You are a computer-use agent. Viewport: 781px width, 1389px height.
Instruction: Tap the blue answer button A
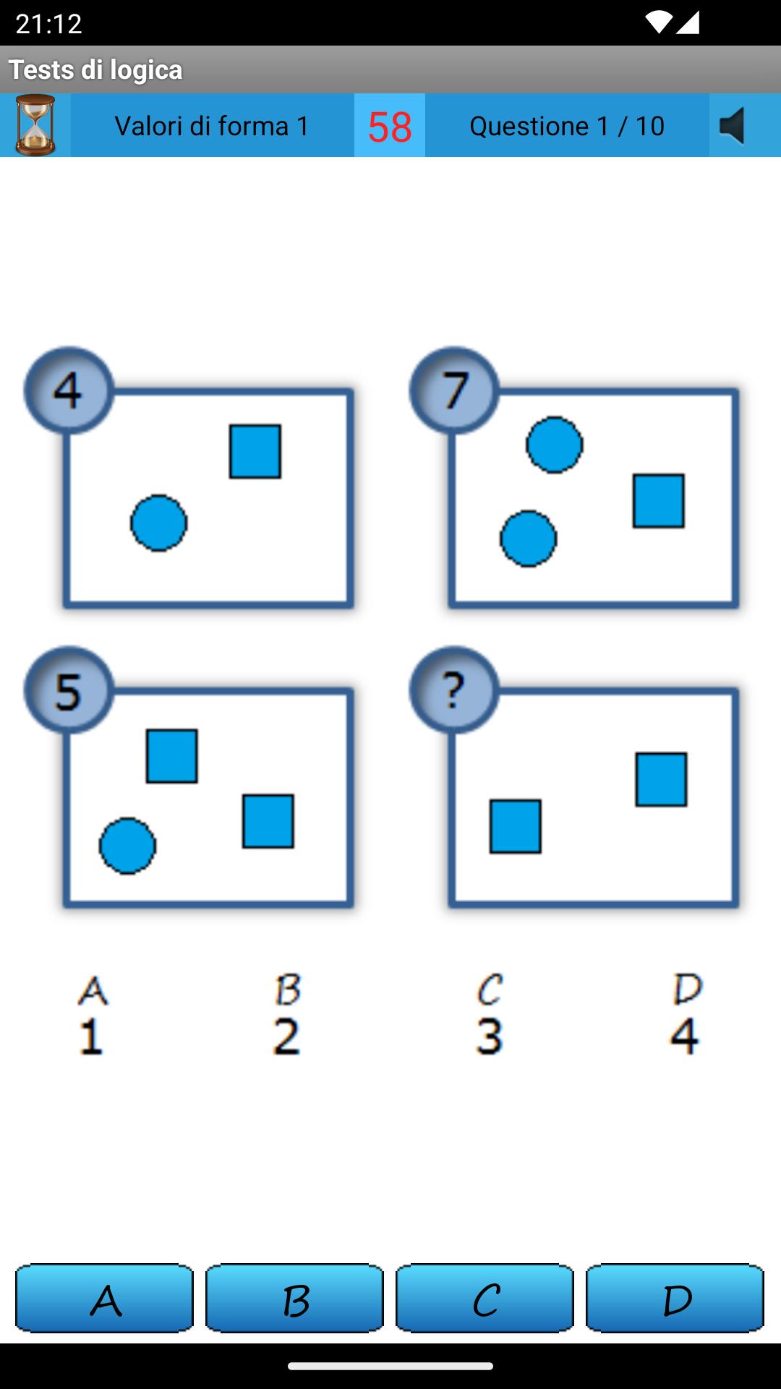105,1299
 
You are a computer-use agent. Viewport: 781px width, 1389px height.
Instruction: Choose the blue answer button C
485,1299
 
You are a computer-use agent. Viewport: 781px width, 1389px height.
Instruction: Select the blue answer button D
675,1299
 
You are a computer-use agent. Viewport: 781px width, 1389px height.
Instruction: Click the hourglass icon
35,125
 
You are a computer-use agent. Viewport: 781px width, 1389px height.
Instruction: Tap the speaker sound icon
733,126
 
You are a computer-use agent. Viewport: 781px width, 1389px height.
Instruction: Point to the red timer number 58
390,127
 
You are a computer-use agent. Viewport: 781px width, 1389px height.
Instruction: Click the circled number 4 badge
69,391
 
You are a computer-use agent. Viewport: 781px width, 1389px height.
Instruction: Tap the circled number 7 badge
454,391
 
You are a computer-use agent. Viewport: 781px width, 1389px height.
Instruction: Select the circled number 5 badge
69,690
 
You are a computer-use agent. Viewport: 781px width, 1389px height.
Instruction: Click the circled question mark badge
454,690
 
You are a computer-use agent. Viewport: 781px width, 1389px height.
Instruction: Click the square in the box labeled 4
255,451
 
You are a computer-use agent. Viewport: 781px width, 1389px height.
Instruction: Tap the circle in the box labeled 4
159,523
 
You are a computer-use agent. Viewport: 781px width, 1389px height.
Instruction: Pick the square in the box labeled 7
659,501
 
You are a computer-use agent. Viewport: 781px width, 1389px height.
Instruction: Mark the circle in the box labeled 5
127,846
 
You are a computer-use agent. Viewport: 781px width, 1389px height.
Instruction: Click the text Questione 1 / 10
567,126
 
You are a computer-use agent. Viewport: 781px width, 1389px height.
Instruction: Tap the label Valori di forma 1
212,126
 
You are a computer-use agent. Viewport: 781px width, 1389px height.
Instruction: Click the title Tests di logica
95,69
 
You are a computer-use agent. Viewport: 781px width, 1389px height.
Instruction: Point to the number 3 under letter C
490,1036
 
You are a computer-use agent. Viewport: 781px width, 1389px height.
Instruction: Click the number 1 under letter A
91,1036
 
